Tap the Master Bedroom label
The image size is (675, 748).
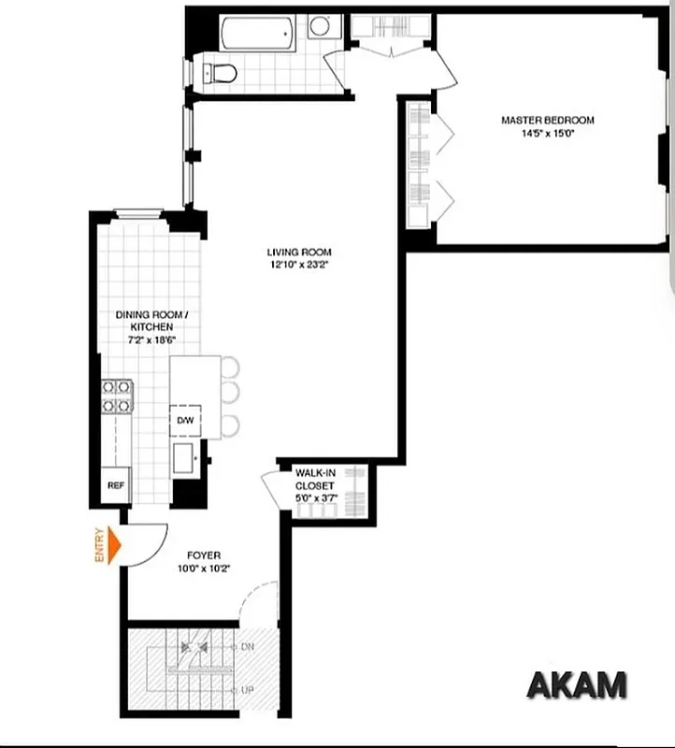pyautogui.click(x=547, y=120)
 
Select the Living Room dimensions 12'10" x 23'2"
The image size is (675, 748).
pyautogui.click(x=298, y=265)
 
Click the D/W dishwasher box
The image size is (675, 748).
pyautogui.click(x=184, y=421)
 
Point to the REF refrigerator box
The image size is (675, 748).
pyautogui.click(x=116, y=485)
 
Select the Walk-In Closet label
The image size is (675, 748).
pyautogui.click(x=316, y=480)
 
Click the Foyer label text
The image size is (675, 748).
pyautogui.click(x=202, y=555)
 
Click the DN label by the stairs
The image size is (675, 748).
pyautogui.click(x=248, y=647)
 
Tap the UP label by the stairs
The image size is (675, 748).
pyautogui.click(x=248, y=690)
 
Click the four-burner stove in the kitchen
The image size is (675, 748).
pyautogui.click(x=116, y=396)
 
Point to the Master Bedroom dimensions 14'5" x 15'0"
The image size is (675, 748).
pyautogui.click(x=547, y=133)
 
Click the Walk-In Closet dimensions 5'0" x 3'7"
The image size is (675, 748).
pyautogui.click(x=316, y=499)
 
